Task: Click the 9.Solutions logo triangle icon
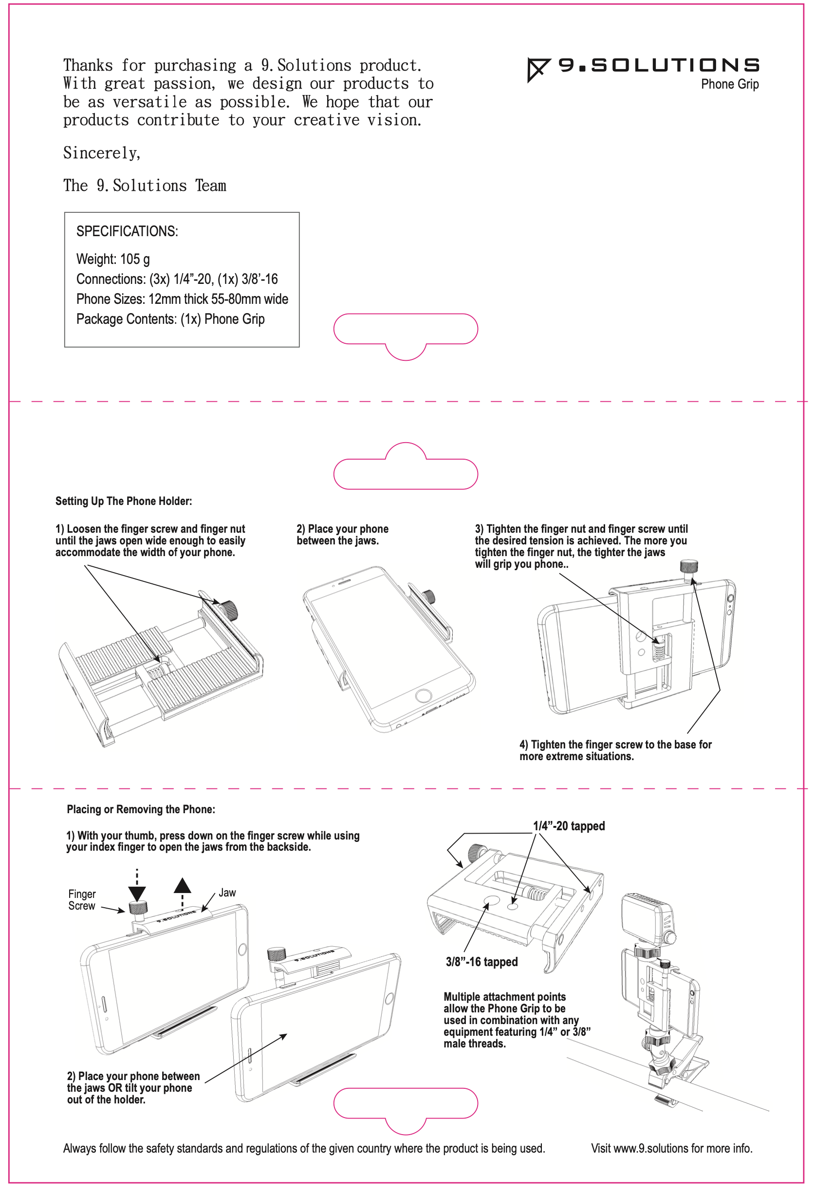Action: (536, 69)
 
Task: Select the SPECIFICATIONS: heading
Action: (127, 231)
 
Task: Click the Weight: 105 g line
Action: (113, 259)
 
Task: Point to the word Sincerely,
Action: (102, 152)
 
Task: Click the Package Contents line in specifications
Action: (170, 319)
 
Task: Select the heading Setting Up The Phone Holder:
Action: (123, 501)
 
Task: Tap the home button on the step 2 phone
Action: (423, 696)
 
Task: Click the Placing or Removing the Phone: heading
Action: (141, 809)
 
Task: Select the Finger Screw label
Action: (82, 900)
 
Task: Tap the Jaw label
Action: (227, 893)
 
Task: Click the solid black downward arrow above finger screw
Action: (137, 894)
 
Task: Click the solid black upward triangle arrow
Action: (182, 885)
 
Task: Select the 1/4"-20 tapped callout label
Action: (569, 826)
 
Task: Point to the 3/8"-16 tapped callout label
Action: (481, 962)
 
